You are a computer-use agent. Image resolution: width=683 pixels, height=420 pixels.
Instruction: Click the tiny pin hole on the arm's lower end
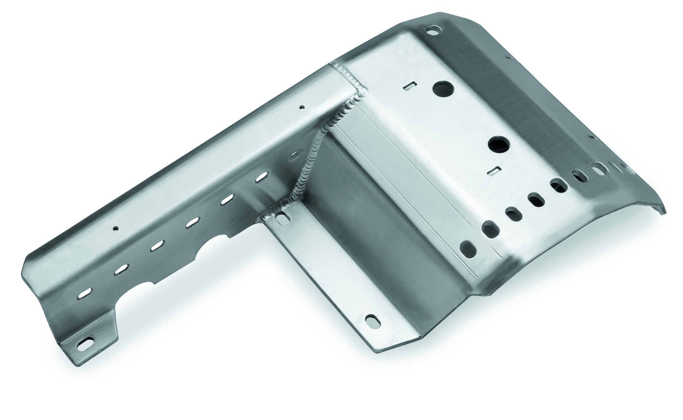tap(116, 228)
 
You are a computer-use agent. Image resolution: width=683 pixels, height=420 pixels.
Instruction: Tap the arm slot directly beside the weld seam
tap(296, 156)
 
